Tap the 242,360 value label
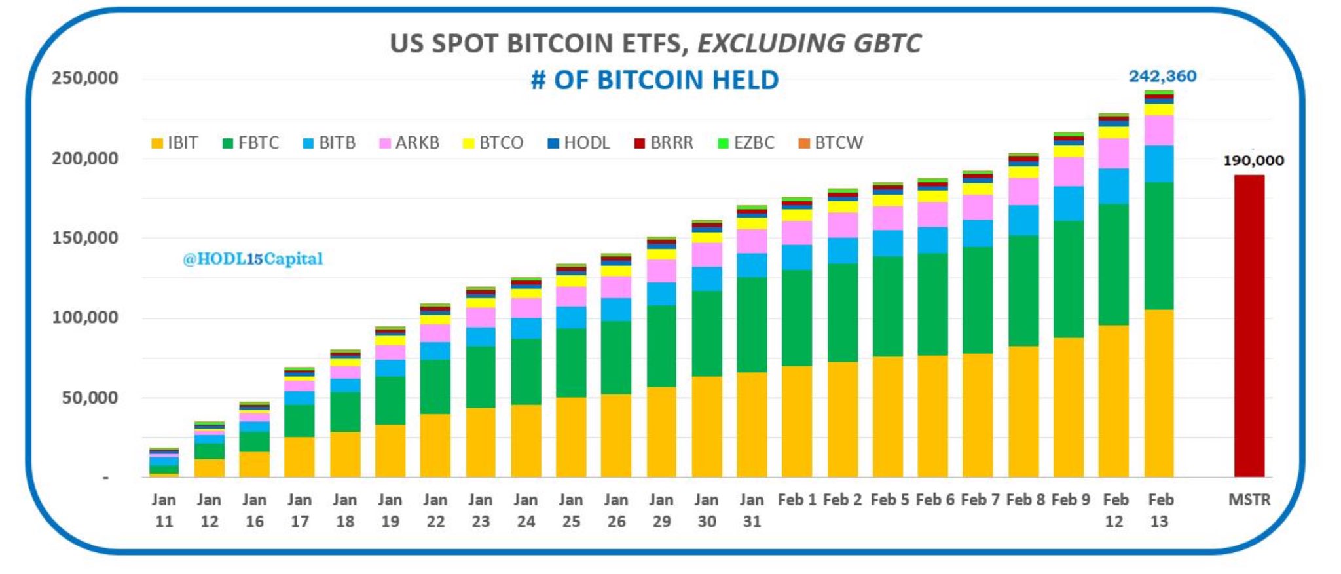coord(1162,77)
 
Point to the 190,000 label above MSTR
coord(1253,161)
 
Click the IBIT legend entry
coord(175,143)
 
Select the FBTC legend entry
coord(251,143)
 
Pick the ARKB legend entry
coord(410,143)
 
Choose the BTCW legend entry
coord(831,143)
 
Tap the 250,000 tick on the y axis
coord(85,78)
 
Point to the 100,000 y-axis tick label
coord(85,318)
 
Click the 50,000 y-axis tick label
coord(90,398)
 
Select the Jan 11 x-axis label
coord(164,510)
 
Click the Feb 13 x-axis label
coord(1160,510)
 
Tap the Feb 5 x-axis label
coord(889,500)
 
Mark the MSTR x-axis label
coord(1249,500)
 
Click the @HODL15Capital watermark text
coord(253,259)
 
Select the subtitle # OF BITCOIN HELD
coord(655,80)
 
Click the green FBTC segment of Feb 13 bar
coord(1159,246)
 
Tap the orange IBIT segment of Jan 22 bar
coord(435,446)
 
